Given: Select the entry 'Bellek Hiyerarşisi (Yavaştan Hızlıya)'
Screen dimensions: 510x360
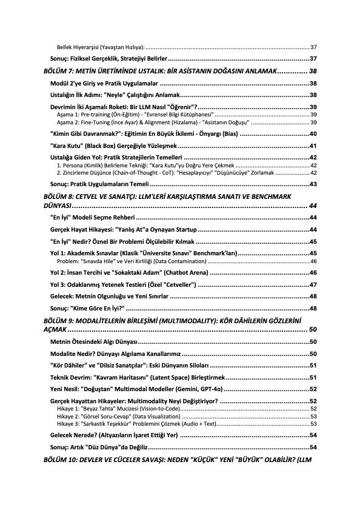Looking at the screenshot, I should point(100,47).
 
